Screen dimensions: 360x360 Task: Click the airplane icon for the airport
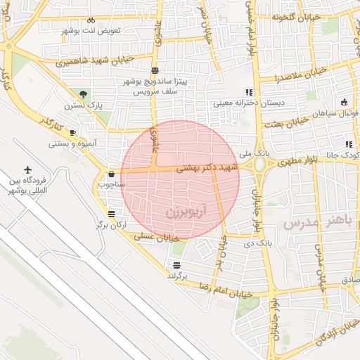click(x=28, y=169)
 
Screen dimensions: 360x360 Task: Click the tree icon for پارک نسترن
click(x=84, y=94)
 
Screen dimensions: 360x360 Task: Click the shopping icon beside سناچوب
click(x=111, y=174)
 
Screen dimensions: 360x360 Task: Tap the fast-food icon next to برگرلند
click(x=176, y=265)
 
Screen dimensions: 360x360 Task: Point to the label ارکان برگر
click(x=110, y=225)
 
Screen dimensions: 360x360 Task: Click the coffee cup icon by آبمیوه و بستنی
click(x=73, y=132)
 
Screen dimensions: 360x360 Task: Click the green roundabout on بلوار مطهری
click(x=259, y=165)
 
